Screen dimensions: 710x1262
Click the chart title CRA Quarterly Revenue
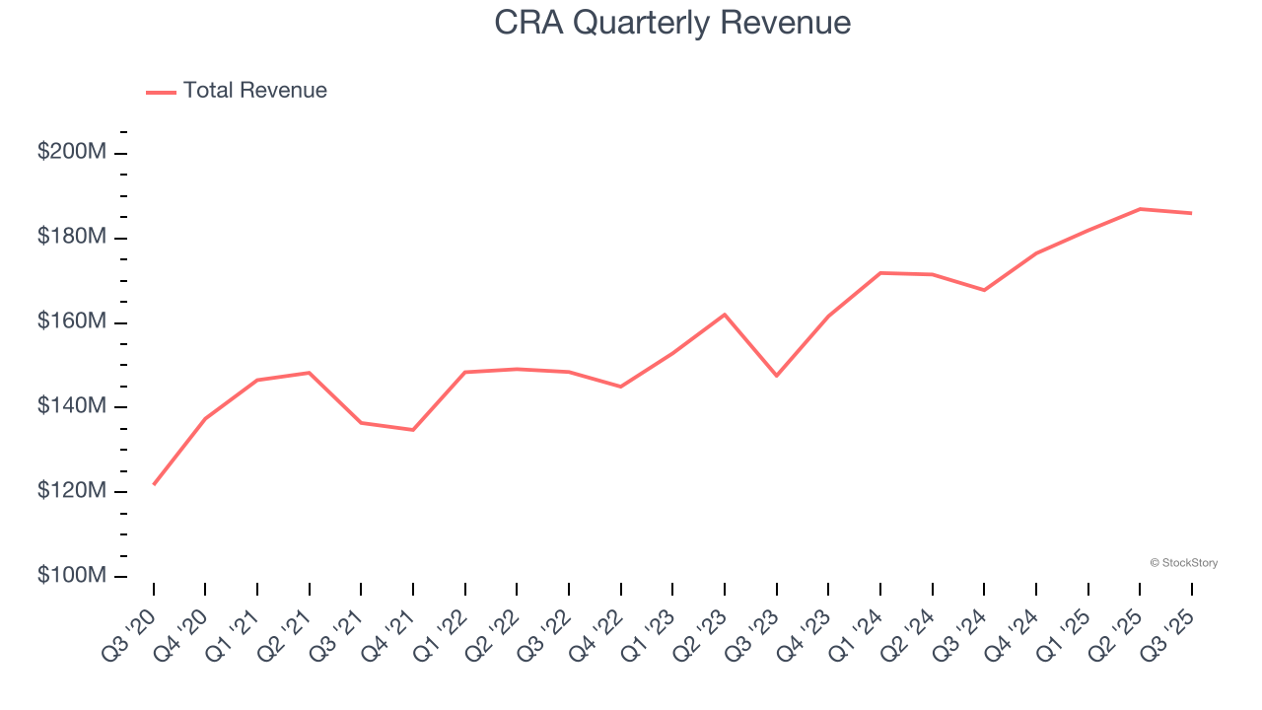(x=672, y=23)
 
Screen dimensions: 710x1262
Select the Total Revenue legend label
(x=254, y=91)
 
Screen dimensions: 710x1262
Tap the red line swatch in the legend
(x=161, y=92)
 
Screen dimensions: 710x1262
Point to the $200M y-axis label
(x=72, y=153)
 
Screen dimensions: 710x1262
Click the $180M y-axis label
(x=72, y=238)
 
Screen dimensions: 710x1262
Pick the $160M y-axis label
(x=72, y=322)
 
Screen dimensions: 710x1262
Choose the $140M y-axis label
(x=72, y=407)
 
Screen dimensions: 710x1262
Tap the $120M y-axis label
(x=72, y=491)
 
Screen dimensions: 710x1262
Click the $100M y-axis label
(x=72, y=576)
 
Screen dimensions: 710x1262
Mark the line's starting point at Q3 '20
(x=154, y=484)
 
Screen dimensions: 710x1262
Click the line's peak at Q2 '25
(x=1140, y=209)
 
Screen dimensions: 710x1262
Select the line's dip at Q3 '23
(x=777, y=376)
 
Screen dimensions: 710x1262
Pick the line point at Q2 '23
(x=725, y=315)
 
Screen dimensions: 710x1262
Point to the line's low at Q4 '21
(x=413, y=430)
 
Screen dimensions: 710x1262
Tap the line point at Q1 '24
(x=880, y=273)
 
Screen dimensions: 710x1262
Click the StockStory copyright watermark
(x=1183, y=563)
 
